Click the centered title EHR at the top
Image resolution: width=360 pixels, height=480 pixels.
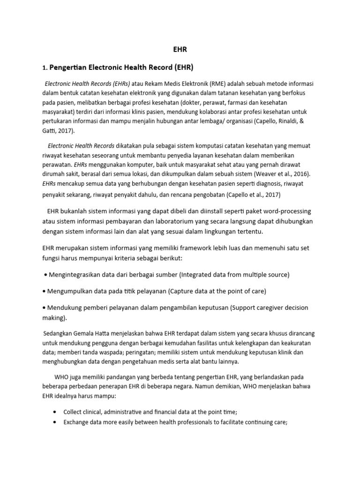click(x=180, y=48)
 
